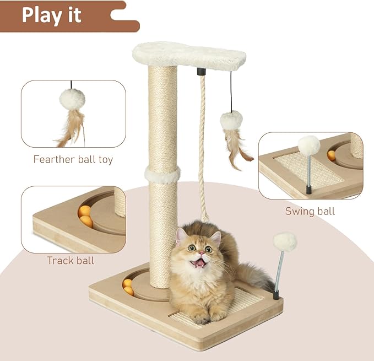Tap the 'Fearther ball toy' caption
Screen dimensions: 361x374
pos(73,160)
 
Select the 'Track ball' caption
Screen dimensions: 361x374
pos(71,261)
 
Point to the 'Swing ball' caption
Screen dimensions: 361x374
pos(310,211)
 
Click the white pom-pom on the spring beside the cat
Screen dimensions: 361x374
pos(285,242)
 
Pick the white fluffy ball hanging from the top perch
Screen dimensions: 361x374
pos(231,120)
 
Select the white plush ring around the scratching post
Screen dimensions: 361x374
pos(162,175)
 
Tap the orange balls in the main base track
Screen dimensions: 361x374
pos(128,287)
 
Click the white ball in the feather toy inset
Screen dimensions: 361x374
pos(72,99)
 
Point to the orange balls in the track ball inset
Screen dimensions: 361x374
pos(85,216)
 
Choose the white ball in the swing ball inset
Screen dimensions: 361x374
pos(309,145)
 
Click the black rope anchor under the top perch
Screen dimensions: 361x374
pos(202,72)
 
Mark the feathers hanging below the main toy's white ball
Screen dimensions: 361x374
pos(236,148)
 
